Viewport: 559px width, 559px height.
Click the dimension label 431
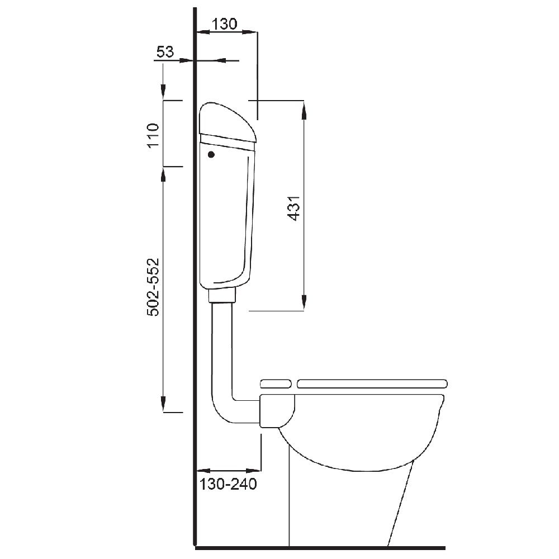(295, 208)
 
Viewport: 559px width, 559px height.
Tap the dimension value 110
(153, 135)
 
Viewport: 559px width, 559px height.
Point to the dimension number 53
(165, 52)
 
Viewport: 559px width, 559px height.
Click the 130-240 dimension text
(228, 484)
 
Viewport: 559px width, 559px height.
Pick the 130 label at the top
(225, 24)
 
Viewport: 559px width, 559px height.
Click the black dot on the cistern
(211, 154)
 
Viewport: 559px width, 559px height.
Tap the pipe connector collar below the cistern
(222, 296)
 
